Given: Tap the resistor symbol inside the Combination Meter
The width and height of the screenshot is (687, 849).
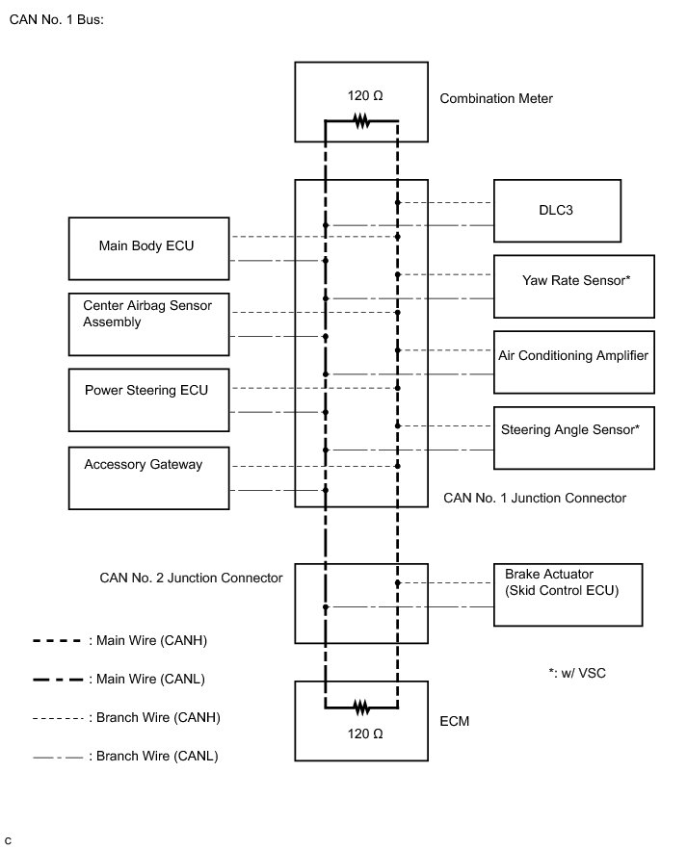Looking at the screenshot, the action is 361,120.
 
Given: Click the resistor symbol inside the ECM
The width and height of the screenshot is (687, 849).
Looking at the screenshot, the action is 361,707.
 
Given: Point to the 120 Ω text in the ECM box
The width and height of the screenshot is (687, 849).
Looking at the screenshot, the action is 365,733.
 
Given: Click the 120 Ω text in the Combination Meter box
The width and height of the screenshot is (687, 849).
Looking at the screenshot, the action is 365,96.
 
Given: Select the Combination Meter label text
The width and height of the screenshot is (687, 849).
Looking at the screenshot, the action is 496,98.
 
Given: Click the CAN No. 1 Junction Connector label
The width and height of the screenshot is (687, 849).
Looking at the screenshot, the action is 535,499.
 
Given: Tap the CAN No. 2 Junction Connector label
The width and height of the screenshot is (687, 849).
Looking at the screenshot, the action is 191,578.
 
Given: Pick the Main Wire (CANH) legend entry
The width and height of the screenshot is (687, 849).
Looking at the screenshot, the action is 120,640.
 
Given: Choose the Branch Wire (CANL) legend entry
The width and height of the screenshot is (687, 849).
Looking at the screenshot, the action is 125,756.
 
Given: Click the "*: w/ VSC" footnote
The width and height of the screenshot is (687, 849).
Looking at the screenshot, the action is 577,673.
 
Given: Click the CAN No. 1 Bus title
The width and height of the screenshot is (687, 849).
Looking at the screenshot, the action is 56,19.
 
